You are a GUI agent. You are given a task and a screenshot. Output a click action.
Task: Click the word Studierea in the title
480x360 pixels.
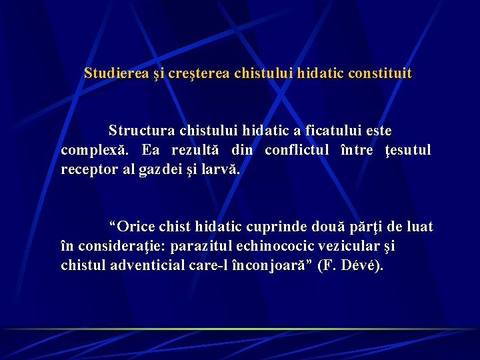tap(111, 73)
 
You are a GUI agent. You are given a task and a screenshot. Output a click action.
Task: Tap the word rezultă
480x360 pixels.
tap(196, 150)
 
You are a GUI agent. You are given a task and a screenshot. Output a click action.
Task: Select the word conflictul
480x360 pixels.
tap(297, 150)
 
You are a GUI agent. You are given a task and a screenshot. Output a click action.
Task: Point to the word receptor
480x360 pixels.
tap(87, 169)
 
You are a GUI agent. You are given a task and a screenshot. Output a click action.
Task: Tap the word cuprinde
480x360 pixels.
tap(281, 227)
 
